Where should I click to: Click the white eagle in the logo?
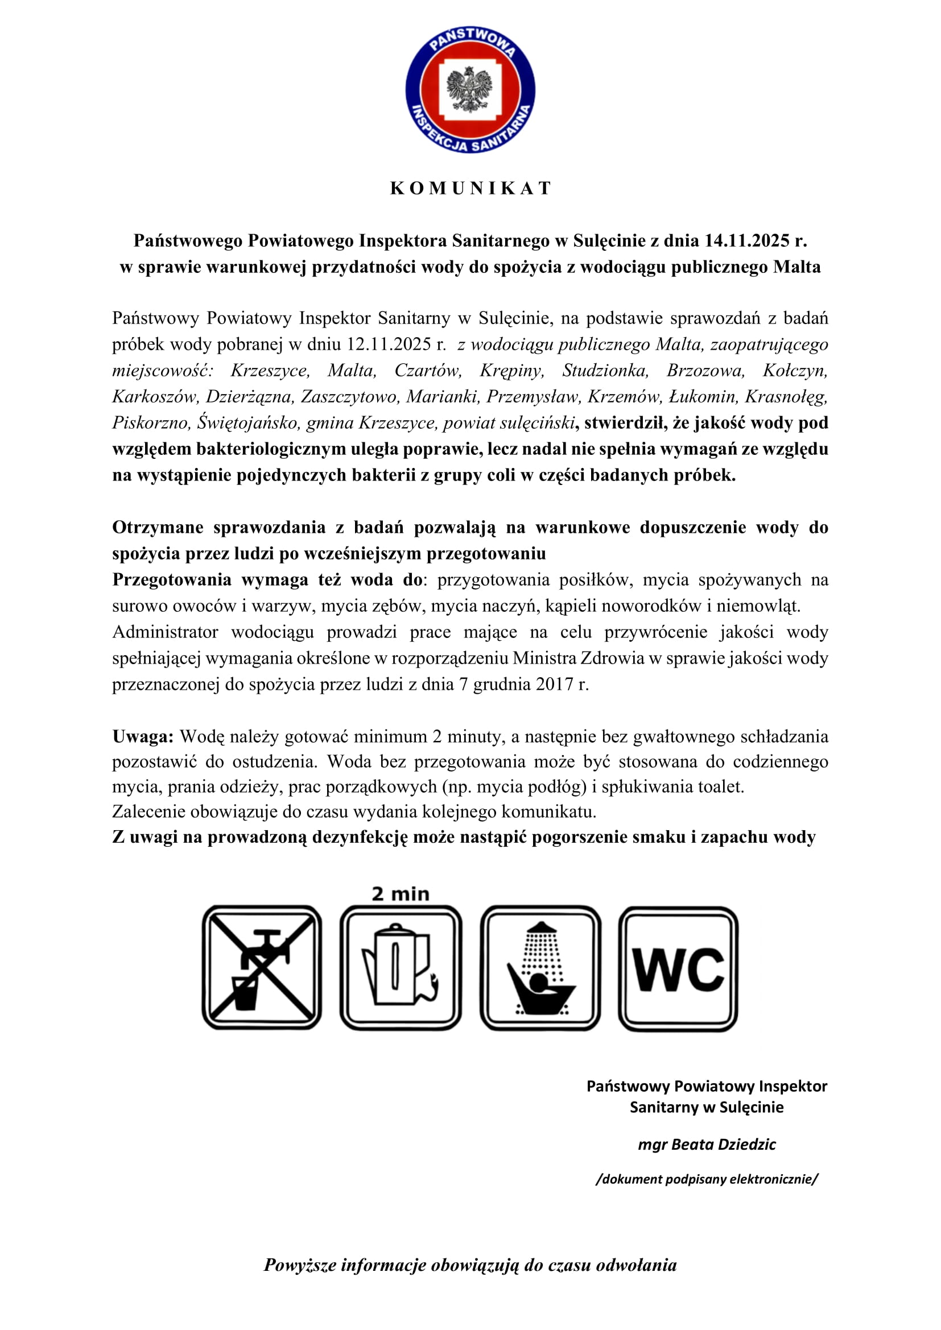coord(470,89)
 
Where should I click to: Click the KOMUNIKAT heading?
coord(470,188)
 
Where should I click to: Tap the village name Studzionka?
coord(605,371)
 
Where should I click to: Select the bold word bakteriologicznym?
coord(271,449)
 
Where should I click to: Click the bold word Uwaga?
coord(142,737)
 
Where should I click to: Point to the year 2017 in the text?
coord(555,685)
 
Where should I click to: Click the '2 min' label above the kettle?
coord(401,894)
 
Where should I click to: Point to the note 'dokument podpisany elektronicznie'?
coord(707,1179)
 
